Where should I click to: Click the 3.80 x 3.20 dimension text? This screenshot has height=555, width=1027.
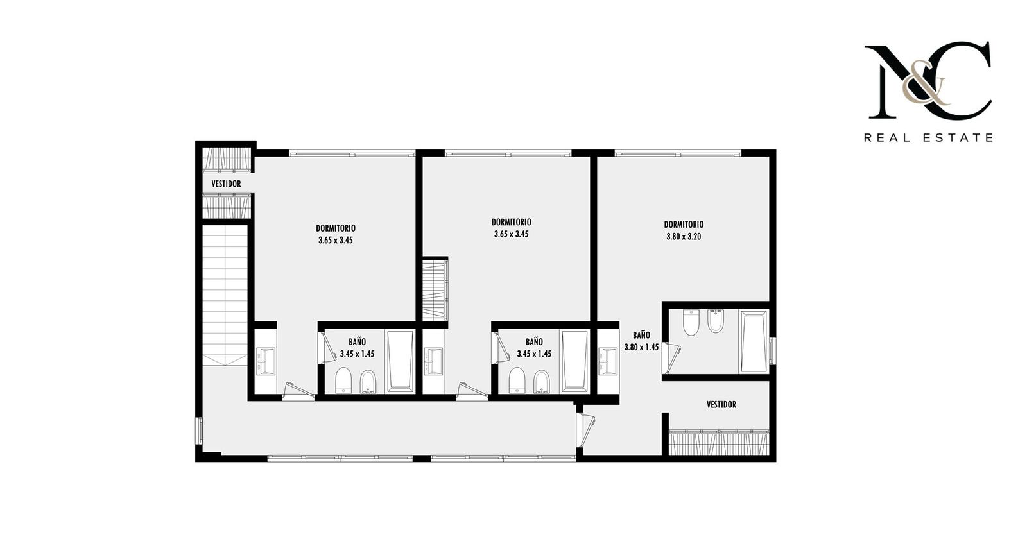click(x=684, y=237)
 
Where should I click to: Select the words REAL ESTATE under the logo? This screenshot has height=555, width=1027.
click(x=928, y=137)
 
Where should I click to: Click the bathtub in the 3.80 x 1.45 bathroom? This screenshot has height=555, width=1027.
click(x=754, y=341)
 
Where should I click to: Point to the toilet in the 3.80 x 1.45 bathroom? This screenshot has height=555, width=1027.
click(x=691, y=322)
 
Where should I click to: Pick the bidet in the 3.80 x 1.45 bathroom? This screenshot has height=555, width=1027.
click(x=716, y=321)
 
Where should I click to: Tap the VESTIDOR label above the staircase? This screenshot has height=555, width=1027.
click(x=226, y=184)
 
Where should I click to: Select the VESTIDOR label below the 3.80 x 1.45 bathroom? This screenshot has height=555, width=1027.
click(x=721, y=405)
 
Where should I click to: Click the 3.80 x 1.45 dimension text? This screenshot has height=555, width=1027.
click(x=641, y=347)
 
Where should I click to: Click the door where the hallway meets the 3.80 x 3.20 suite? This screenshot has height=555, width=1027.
click(x=585, y=429)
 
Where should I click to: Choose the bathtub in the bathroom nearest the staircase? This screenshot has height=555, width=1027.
click(x=400, y=361)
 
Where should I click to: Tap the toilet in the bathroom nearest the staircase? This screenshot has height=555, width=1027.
click(x=343, y=380)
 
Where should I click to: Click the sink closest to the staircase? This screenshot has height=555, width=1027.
click(x=266, y=361)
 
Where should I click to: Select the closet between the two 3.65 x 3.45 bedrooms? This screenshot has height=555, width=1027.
click(x=435, y=289)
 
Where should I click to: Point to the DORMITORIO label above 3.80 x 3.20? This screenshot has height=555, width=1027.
click(x=684, y=225)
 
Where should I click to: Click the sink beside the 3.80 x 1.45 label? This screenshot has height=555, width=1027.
click(x=608, y=361)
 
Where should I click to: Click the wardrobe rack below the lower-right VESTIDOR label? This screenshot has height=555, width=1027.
click(x=718, y=442)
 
